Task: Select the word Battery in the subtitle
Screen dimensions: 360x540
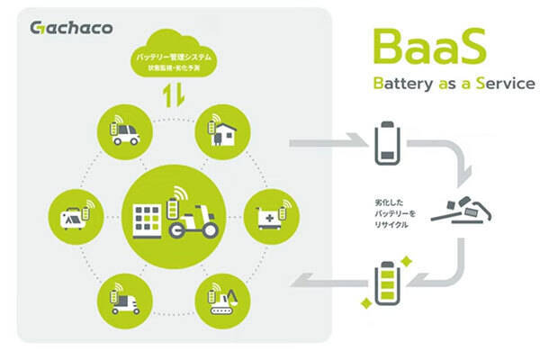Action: pos(397,84)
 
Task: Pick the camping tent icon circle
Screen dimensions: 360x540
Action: pos(73,212)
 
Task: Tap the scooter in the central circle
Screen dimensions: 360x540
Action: pos(193,219)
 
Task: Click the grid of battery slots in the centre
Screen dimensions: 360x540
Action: pos(148,219)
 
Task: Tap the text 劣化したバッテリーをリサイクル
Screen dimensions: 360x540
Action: pos(385,212)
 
